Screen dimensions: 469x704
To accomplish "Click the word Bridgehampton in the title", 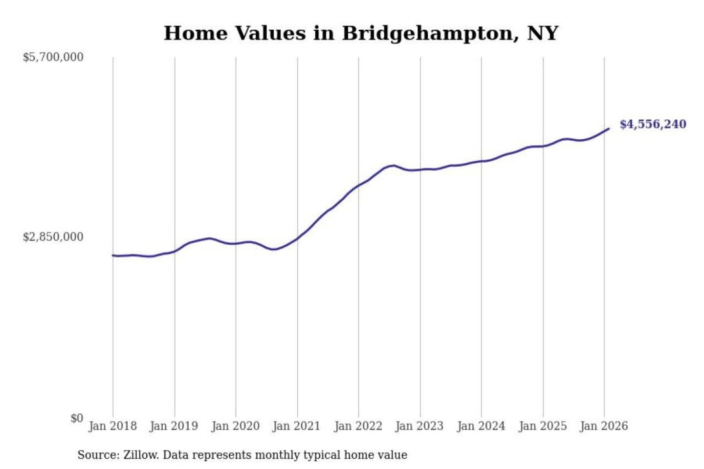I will (428, 33).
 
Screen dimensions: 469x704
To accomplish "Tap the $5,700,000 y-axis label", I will (53, 57).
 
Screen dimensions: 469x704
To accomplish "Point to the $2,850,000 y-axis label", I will (53, 237).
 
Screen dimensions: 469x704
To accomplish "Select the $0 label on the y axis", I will (77, 418).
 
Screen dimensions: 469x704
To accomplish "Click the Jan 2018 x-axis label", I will (112, 426).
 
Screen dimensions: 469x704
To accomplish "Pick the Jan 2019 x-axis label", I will (174, 426).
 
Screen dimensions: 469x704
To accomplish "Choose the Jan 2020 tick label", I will (235, 426).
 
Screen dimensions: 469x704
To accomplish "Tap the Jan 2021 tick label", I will (297, 426).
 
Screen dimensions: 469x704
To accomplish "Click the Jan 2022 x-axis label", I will (358, 426).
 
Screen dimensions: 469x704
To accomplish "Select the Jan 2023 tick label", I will (419, 426).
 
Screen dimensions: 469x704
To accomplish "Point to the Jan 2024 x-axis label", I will (481, 426).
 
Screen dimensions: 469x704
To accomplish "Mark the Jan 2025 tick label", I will (543, 426).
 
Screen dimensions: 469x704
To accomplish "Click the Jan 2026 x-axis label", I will (604, 426).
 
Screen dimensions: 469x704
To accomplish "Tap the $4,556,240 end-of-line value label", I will (653, 124).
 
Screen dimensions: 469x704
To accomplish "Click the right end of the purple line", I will (609, 128).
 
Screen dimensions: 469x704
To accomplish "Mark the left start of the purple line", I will (113, 255).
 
